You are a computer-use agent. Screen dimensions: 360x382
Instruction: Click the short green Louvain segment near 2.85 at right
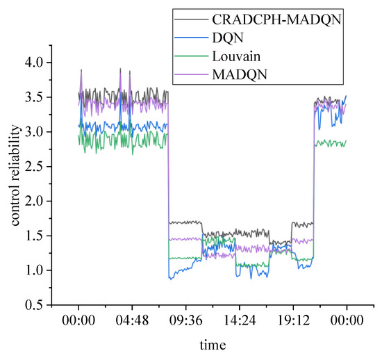coord(331,142)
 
